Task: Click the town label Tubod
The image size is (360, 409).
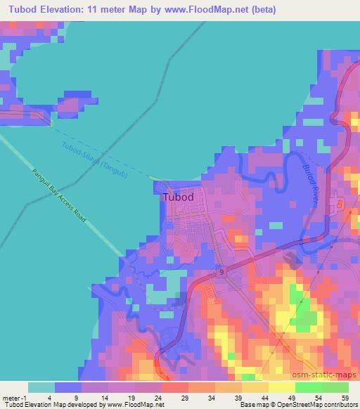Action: click(178, 197)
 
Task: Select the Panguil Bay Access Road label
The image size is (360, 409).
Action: click(60, 197)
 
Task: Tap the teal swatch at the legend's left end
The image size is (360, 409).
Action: click(41, 387)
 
